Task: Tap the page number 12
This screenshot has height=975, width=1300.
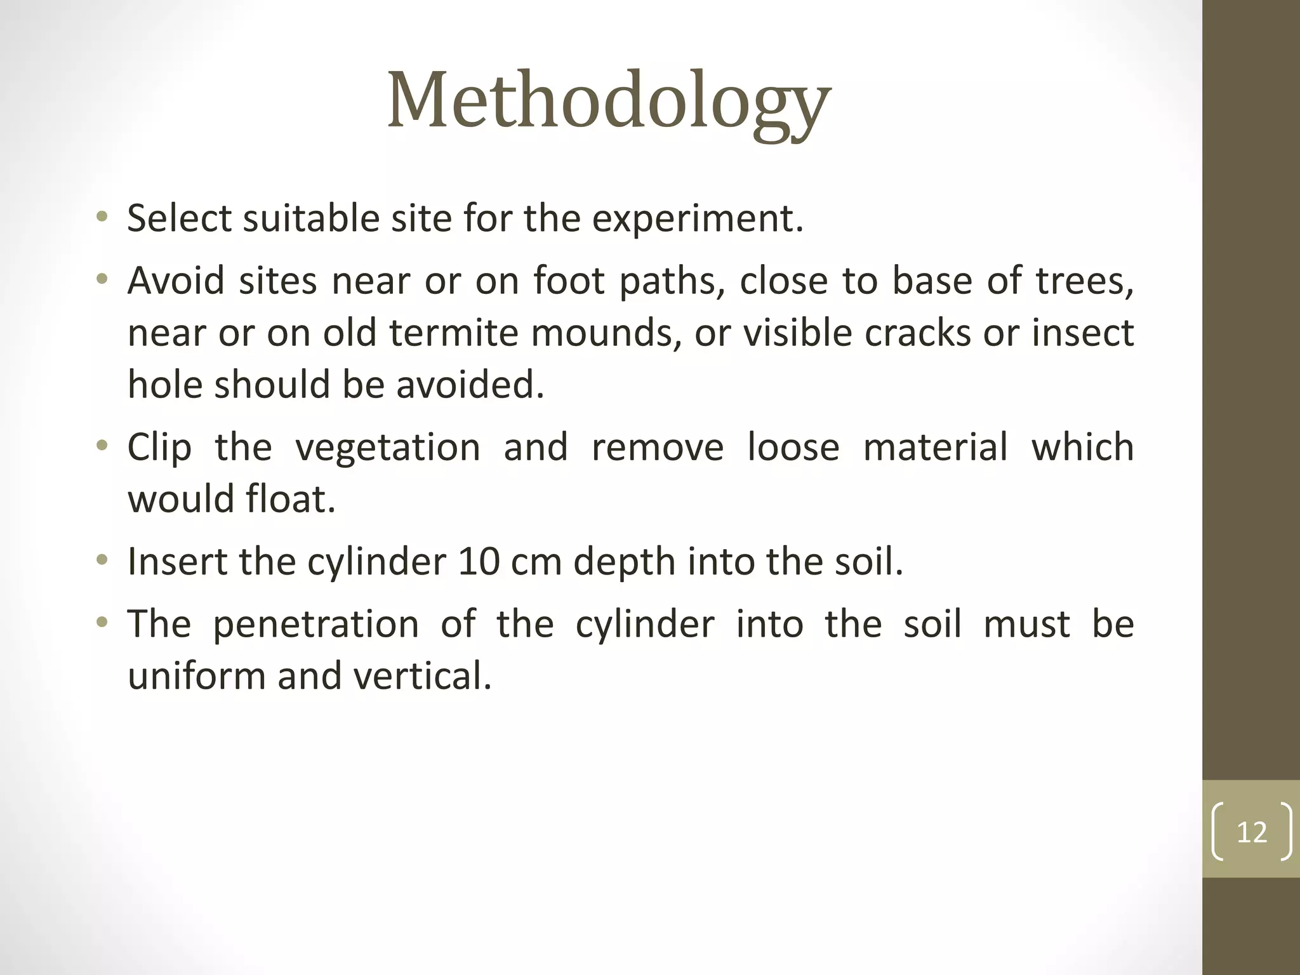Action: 1251,832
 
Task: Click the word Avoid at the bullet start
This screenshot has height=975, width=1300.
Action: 176,280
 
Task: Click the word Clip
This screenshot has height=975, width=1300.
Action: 159,448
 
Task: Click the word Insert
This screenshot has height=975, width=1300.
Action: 177,562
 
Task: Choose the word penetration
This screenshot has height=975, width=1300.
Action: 315,625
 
